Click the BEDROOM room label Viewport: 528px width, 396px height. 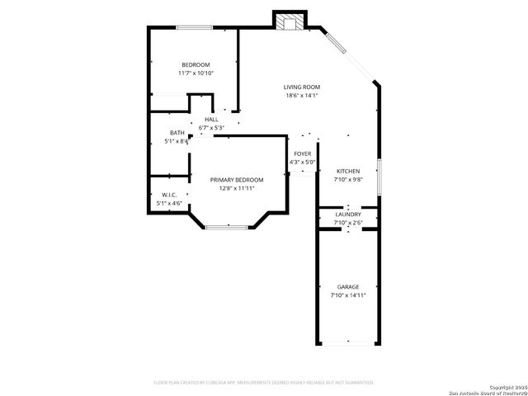(x=196, y=64)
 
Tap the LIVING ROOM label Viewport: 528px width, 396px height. (x=301, y=87)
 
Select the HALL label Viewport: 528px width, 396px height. (x=211, y=120)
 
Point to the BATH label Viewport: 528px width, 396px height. (x=177, y=133)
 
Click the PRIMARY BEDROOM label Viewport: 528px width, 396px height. (x=236, y=180)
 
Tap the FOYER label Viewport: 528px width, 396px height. (x=303, y=153)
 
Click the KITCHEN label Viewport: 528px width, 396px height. (x=348, y=171)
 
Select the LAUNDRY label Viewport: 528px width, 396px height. (x=348, y=214)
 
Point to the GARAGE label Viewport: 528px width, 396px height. (x=347, y=286)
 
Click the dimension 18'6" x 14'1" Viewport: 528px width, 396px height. (x=302, y=96)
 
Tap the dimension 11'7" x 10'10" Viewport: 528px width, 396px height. (x=196, y=73)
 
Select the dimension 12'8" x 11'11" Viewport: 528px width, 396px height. (x=237, y=188)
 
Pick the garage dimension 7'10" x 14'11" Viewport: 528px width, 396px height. (x=347, y=295)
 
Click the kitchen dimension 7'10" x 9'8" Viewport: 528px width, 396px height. (x=348, y=179)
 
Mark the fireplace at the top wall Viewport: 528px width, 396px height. (x=290, y=21)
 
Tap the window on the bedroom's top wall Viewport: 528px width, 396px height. (x=191, y=28)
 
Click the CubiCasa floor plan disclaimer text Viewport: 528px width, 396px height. (x=264, y=382)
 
